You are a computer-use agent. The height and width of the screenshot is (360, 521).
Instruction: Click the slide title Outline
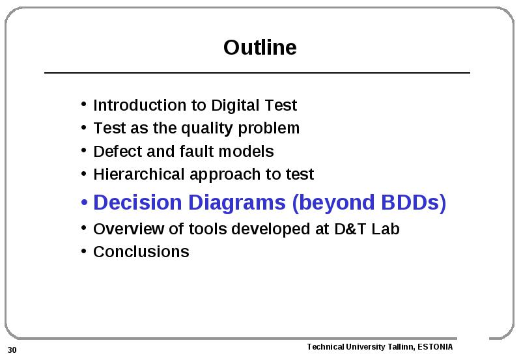pos(260,47)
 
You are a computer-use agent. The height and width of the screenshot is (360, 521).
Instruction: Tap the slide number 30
pos(12,350)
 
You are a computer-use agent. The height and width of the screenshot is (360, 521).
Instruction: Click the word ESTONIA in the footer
pos(435,347)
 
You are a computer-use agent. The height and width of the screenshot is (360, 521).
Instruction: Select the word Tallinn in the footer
pos(401,347)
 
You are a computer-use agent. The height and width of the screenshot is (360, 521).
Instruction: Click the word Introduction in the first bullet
pos(139,105)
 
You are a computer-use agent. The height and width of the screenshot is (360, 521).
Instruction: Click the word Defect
pos(117,152)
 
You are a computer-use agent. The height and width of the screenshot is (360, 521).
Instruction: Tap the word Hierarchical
pos(139,174)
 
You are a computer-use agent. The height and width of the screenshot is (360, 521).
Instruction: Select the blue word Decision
pos(137,202)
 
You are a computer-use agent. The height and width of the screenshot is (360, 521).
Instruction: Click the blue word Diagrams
pos(237,203)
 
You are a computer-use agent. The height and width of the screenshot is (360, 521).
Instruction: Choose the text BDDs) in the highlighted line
pos(414,203)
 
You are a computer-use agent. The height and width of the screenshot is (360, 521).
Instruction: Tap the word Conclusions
pos(141,252)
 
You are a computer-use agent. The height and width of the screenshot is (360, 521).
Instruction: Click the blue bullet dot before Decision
pos(84,202)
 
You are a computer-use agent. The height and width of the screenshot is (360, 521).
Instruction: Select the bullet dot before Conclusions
pos(84,251)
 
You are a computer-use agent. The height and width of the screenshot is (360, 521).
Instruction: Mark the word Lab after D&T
pos(386,228)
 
